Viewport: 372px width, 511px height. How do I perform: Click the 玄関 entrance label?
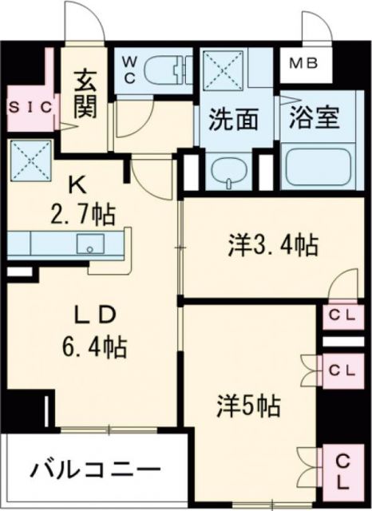(x=85, y=94)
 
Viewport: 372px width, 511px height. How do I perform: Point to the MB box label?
(x=301, y=62)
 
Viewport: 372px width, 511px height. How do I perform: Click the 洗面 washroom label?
(x=234, y=119)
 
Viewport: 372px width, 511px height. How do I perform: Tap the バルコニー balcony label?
(x=97, y=469)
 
